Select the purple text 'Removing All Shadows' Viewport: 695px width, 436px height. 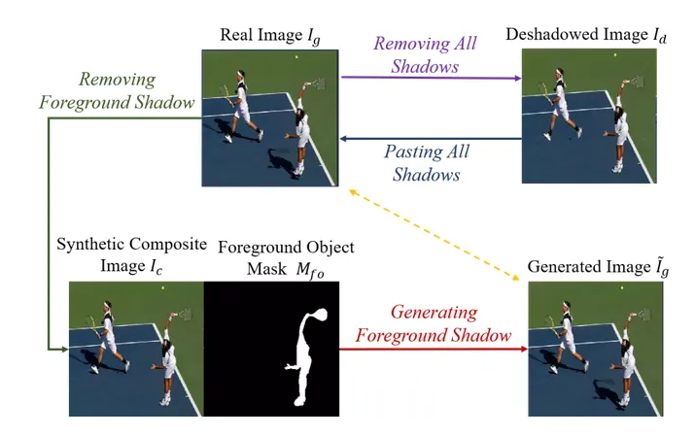(x=426, y=55)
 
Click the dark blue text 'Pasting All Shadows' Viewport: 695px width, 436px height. (x=427, y=163)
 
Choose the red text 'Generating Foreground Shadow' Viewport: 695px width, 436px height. (x=433, y=323)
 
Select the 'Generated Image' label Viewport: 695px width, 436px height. (x=587, y=266)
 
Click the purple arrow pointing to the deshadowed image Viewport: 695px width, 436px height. (x=428, y=79)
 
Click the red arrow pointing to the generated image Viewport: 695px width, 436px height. (x=433, y=348)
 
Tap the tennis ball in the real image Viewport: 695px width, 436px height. (x=296, y=57)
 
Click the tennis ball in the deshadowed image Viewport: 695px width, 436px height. (x=614, y=56)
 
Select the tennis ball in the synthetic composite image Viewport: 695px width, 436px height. (x=162, y=288)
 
